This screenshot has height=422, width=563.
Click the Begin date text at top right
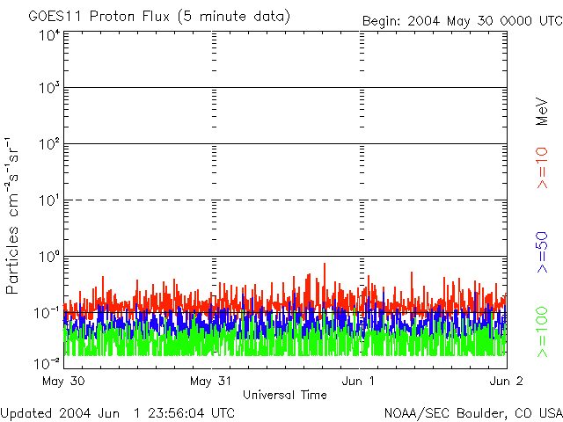pos(463,21)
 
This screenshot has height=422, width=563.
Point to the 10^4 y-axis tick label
pos(49,35)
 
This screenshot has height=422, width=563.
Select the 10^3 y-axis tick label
pos(49,88)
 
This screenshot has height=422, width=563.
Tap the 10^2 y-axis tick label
pos(49,144)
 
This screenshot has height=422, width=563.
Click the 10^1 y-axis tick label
pos(49,200)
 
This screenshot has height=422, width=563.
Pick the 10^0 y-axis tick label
pos(49,257)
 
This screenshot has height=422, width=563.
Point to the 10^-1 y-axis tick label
pos(47,313)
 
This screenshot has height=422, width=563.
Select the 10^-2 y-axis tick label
pos(47,363)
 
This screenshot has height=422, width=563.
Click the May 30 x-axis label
pos(63,381)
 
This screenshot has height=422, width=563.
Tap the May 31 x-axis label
pos(211,381)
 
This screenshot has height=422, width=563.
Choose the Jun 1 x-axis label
pos(358,381)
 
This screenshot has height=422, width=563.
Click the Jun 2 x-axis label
pos(507,381)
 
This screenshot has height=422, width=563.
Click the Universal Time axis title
pos(285,395)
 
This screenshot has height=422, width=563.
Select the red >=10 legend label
pos(542,168)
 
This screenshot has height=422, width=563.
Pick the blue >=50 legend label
pos(542,252)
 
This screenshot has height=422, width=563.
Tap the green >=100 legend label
pos(542,332)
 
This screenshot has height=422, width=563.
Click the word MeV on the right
pos(542,112)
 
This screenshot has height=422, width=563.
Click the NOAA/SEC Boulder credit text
pos(473,413)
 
